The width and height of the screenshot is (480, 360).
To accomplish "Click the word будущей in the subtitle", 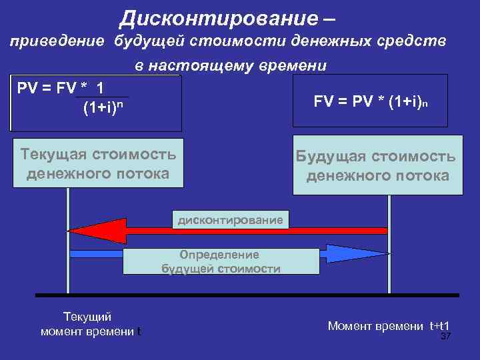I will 150,41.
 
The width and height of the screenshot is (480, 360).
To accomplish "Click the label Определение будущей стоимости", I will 221,262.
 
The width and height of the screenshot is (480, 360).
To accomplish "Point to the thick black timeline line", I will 247,295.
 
